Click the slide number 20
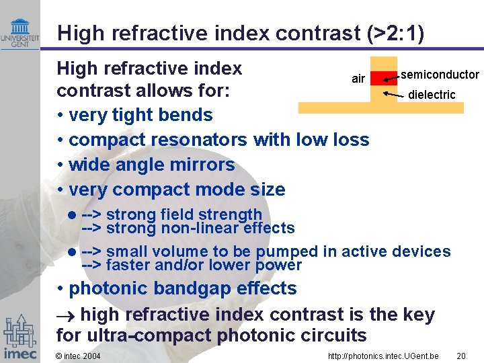461,356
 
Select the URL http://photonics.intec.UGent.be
383,356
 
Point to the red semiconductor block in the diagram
384,77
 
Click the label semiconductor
440,75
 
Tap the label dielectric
432,95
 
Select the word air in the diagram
358,79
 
